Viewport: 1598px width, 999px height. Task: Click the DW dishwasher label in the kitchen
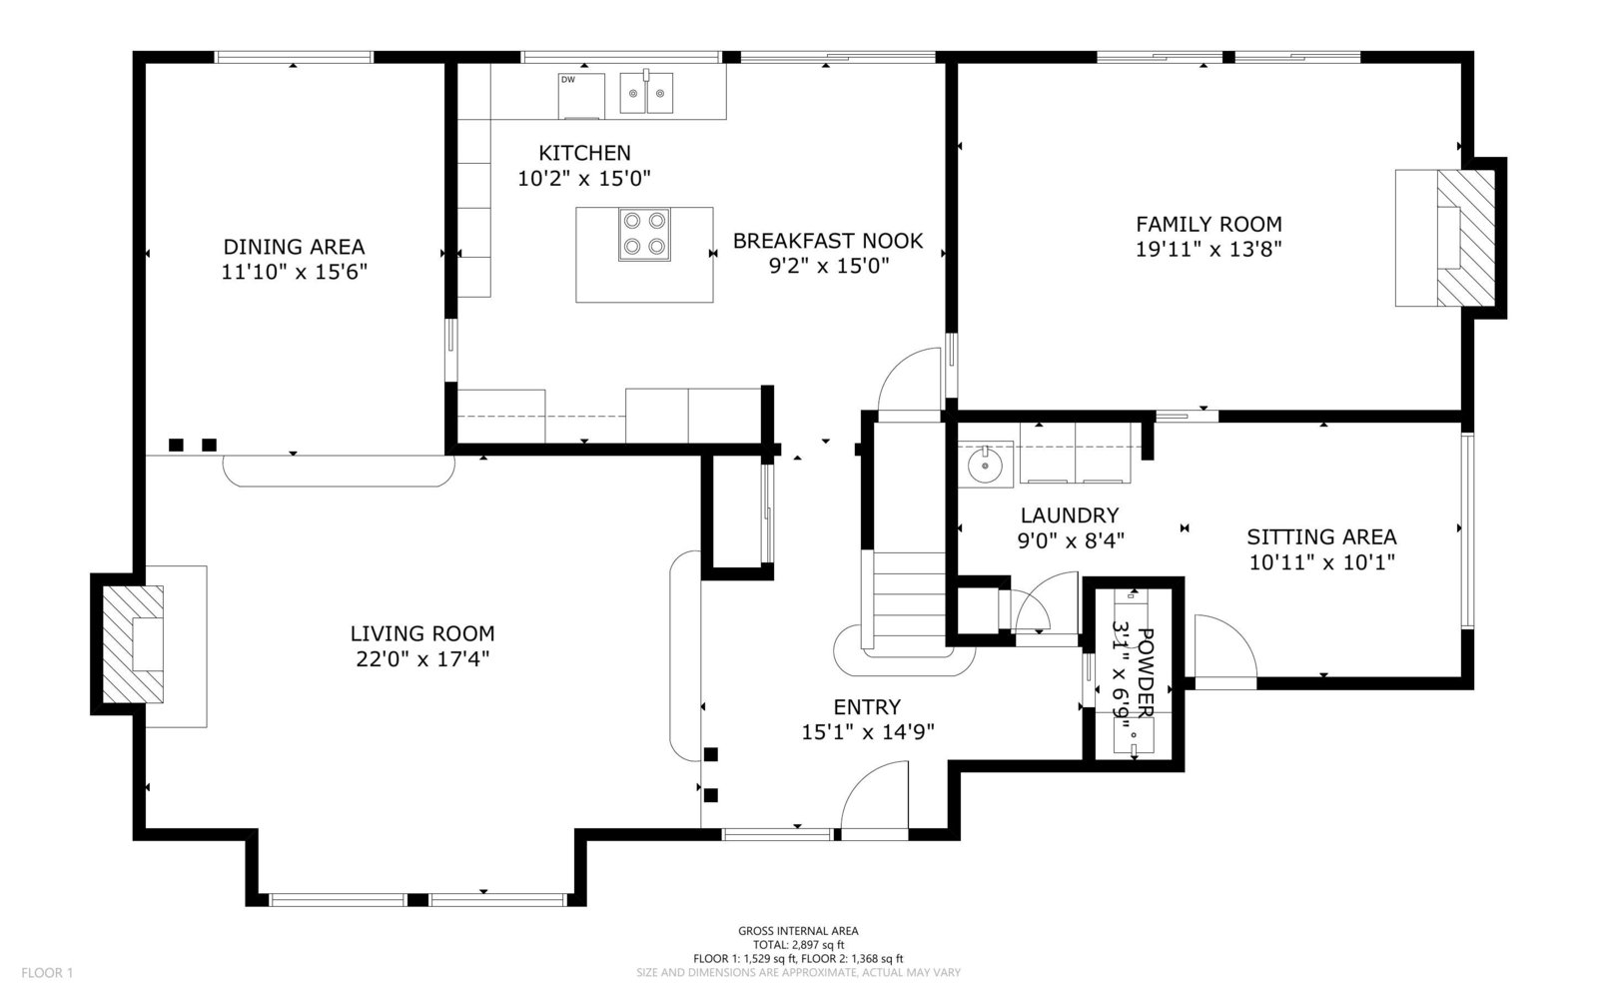click(568, 80)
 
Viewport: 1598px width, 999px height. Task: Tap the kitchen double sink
click(646, 92)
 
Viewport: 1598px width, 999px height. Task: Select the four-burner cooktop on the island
click(644, 235)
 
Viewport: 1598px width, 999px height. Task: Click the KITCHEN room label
click(584, 153)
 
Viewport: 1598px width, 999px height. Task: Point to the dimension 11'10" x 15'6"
click(294, 272)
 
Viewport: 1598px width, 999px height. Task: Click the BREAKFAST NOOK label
click(828, 241)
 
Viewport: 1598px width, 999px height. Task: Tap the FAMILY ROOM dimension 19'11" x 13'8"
click(1209, 249)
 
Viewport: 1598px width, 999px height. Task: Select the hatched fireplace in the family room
click(1465, 238)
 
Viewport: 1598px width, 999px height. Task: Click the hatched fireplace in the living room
click(134, 644)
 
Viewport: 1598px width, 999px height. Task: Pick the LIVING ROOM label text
click(422, 633)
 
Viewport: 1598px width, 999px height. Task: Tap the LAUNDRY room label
click(1070, 515)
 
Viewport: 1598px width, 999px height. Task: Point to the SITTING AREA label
click(1322, 536)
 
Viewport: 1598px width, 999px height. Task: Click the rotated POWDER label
click(1145, 673)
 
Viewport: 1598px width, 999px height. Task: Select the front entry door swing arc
click(875, 794)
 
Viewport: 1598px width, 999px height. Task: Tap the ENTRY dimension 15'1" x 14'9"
click(868, 732)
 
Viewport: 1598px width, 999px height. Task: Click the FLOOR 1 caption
click(47, 973)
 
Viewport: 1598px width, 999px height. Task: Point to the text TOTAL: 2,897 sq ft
click(798, 945)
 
